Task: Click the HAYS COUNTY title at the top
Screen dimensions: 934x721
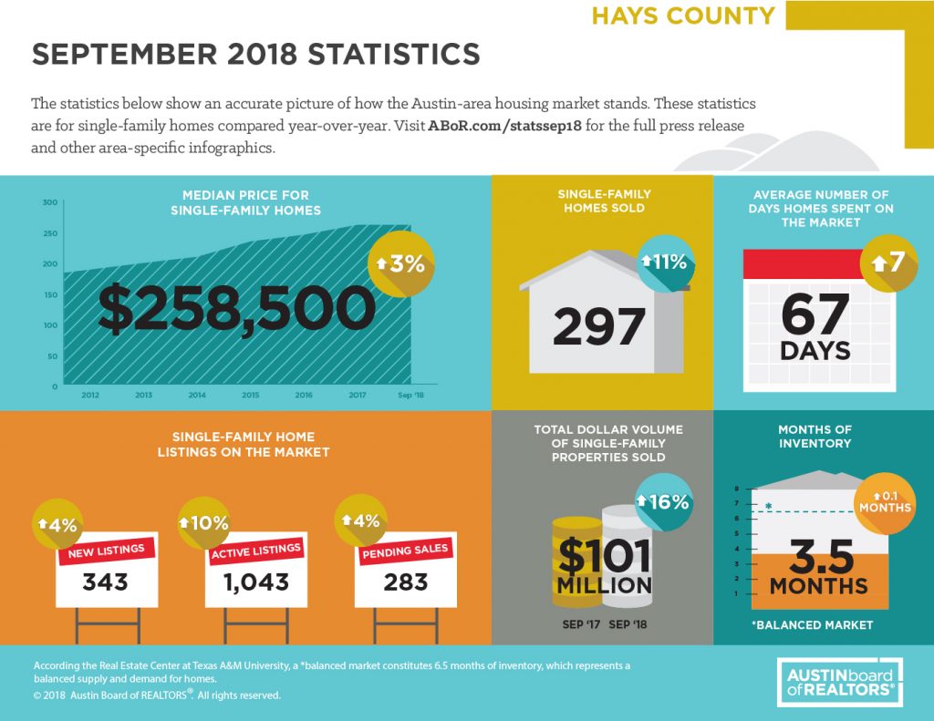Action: pyautogui.click(x=682, y=16)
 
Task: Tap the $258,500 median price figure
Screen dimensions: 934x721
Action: pyautogui.click(x=236, y=308)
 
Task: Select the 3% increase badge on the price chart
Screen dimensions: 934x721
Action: pyautogui.click(x=401, y=263)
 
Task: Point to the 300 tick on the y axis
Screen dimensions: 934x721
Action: pyautogui.click(x=50, y=202)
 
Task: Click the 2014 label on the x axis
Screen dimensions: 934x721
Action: pyautogui.click(x=197, y=395)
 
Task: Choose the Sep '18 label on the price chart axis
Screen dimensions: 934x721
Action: pyautogui.click(x=410, y=395)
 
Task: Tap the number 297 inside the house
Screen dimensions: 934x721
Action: pyautogui.click(x=598, y=327)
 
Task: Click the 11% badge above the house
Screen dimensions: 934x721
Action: pyautogui.click(x=665, y=262)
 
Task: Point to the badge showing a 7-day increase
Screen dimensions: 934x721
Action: pyautogui.click(x=888, y=263)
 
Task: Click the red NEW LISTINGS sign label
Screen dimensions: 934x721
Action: pyautogui.click(x=106, y=551)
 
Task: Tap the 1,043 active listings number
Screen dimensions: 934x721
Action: pyautogui.click(x=256, y=582)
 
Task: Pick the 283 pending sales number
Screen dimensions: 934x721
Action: pyautogui.click(x=406, y=582)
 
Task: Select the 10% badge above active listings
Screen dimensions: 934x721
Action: pyautogui.click(x=203, y=522)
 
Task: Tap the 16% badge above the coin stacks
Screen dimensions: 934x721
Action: pyautogui.click(x=664, y=502)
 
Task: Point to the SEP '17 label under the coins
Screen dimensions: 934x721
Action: pyautogui.click(x=581, y=624)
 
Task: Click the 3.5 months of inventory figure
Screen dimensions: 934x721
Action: pyautogui.click(x=822, y=557)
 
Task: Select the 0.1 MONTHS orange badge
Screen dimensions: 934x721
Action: pyautogui.click(x=885, y=503)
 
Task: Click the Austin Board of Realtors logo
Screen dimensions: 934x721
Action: pyautogui.click(x=840, y=683)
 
